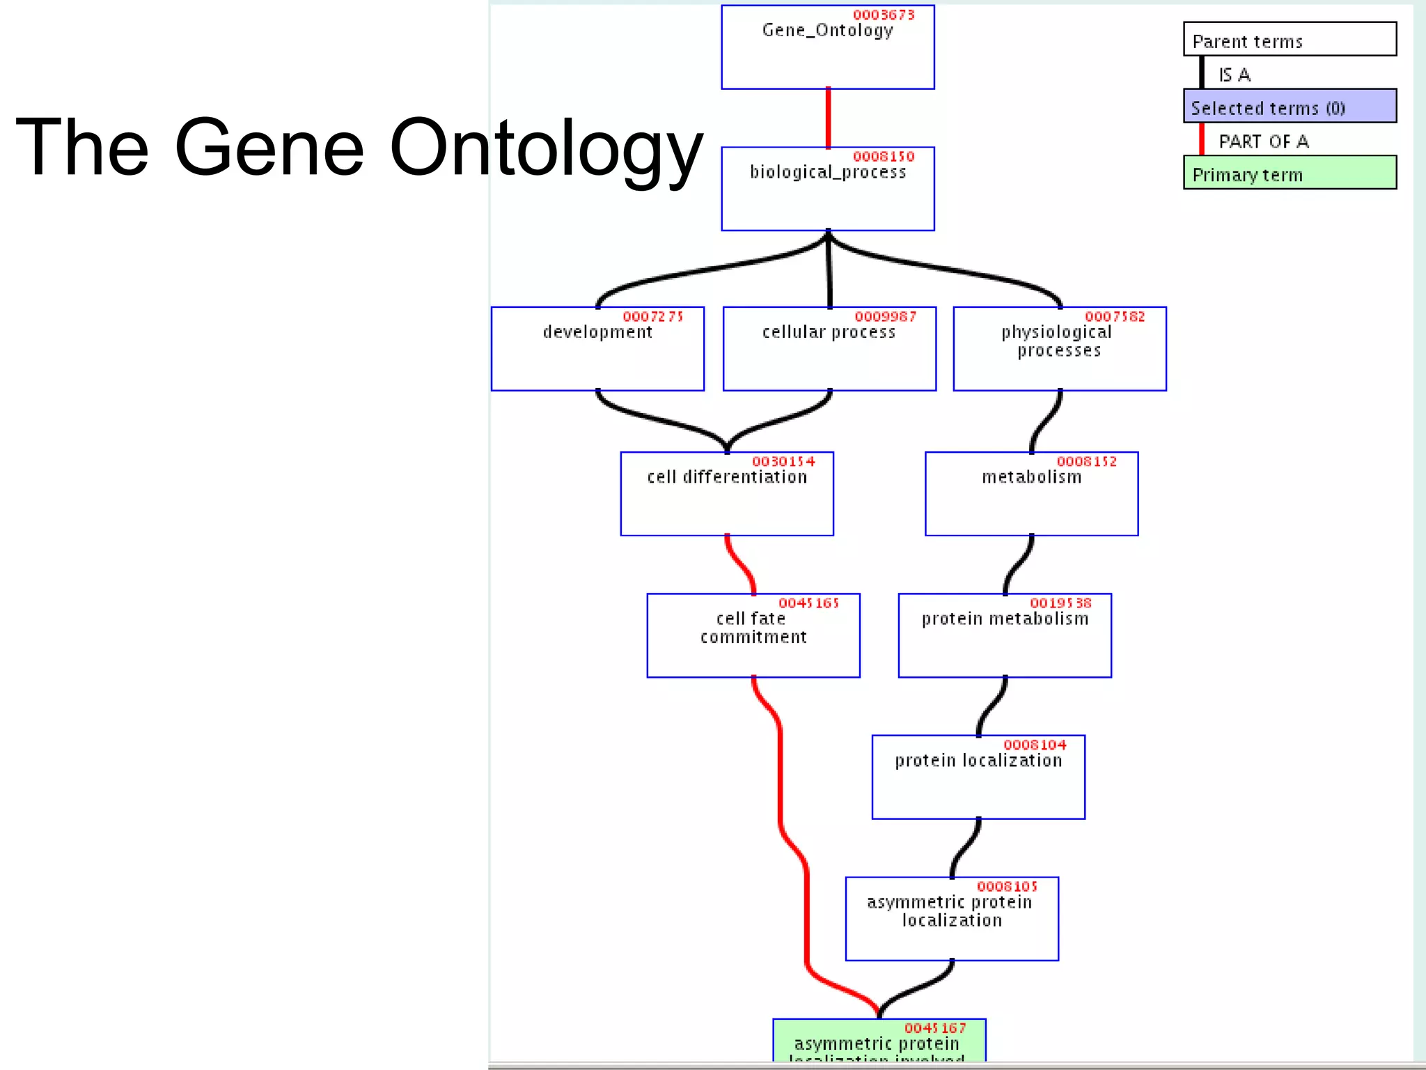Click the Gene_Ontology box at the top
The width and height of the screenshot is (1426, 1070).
point(827,47)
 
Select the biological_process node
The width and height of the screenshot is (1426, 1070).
point(827,189)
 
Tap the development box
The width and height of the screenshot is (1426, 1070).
point(597,349)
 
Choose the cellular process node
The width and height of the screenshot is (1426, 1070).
point(829,349)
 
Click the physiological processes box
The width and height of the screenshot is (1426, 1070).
point(1059,349)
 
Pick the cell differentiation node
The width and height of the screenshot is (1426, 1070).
point(727,494)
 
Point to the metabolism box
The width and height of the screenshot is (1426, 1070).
point(1031,494)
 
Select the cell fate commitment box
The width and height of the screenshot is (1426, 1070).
point(753,635)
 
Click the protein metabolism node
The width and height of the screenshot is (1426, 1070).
point(1005,635)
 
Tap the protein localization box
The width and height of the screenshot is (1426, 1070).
point(978,777)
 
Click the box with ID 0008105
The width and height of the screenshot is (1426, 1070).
point(952,919)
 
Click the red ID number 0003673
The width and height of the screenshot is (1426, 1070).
point(884,15)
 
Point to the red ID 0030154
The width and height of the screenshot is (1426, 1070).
point(783,461)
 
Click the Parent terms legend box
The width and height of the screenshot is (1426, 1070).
point(1290,39)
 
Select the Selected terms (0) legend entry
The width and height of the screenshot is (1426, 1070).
point(1290,106)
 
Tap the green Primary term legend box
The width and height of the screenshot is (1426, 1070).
point(1290,172)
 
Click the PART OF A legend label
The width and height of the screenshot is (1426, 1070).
point(1263,141)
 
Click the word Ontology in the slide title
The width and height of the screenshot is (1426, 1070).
point(545,148)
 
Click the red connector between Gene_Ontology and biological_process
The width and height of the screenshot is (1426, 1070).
point(828,118)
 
